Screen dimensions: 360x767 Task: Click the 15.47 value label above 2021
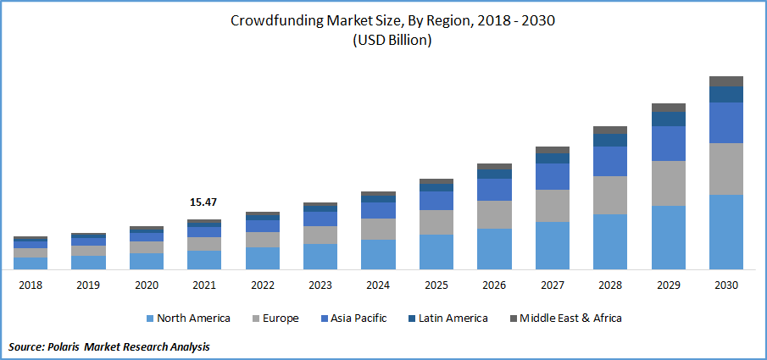coord(203,203)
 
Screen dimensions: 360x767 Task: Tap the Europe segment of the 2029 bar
coord(668,183)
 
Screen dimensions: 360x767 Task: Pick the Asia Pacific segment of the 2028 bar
coord(610,161)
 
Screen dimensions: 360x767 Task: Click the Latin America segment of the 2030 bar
coord(725,94)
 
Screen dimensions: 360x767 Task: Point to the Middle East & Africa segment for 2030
coord(725,81)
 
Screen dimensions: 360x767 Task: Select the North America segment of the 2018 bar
coord(31,263)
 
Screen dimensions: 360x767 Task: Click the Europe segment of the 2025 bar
coord(436,222)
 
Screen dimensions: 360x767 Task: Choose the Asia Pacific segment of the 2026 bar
coord(494,190)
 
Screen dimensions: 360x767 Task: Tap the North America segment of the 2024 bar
coord(378,254)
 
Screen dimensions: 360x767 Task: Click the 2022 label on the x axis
coord(262,285)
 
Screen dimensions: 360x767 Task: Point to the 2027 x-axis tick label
coord(552,285)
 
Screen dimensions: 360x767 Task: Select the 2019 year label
coord(88,285)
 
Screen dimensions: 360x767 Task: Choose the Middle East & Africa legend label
coord(570,318)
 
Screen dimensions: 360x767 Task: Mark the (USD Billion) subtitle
coord(392,42)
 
